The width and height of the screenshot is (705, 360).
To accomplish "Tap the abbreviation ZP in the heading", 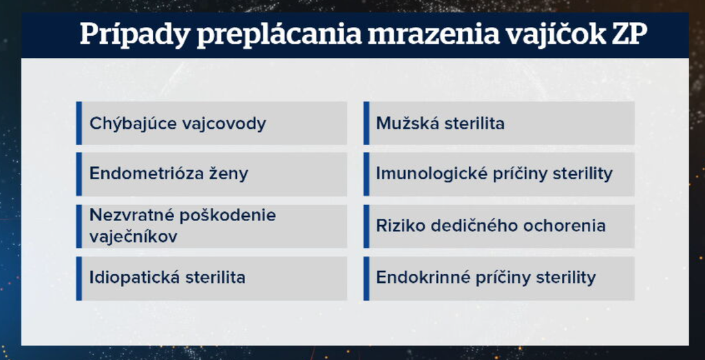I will pyautogui.click(x=629, y=34).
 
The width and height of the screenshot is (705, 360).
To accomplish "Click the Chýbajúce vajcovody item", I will pyautogui.click(x=178, y=124).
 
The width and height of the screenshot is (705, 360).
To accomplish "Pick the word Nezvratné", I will pyautogui.click(x=130, y=215).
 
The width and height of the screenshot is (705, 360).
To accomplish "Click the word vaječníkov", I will pyautogui.click(x=134, y=236).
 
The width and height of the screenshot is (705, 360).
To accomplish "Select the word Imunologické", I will pyautogui.click(x=432, y=173).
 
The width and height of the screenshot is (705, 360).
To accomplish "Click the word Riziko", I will pyautogui.click(x=397, y=226).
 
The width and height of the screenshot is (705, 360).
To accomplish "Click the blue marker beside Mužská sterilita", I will pyautogui.click(x=366, y=123).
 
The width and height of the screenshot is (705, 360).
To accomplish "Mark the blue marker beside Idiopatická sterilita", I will pyautogui.click(x=79, y=278).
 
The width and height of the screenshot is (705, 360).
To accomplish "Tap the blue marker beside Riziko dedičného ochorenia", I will pyautogui.click(x=366, y=226).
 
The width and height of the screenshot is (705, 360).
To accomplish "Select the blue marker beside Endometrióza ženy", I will pyautogui.click(x=79, y=174).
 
